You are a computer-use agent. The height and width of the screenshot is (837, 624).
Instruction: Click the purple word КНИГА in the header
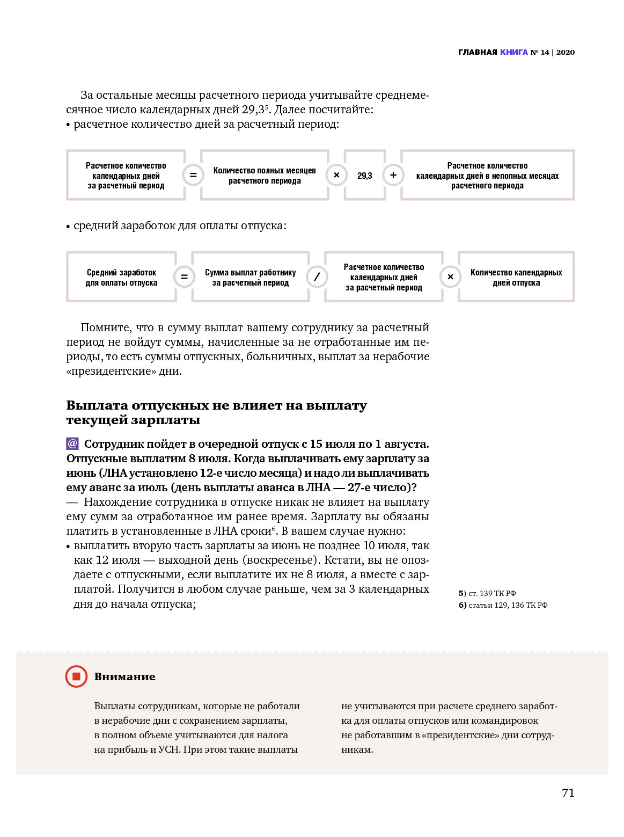(514, 52)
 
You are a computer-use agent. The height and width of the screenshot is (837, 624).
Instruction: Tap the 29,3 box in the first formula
(365, 176)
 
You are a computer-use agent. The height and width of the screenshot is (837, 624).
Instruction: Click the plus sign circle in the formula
(393, 175)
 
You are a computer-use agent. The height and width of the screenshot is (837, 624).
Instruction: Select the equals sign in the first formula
(193, 175)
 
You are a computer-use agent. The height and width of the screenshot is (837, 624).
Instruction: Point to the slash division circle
(317, 277)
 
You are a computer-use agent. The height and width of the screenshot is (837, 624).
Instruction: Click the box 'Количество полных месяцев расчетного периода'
(265, 176)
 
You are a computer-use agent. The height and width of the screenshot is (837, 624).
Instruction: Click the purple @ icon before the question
(72, 444)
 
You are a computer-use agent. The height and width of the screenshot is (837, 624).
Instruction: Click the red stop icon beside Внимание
(76, 676)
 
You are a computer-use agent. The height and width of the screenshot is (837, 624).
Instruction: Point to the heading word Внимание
(125, 677)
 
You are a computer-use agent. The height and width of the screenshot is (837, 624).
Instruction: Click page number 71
(568, 793)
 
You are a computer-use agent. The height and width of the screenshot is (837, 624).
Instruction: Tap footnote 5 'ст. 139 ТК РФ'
(487, 593)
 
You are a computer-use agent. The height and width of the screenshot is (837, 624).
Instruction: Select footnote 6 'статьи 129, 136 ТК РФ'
(503, 605)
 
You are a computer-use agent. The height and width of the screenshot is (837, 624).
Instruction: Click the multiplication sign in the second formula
(451, 277)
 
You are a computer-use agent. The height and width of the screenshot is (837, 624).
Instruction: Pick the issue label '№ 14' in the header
(540, 52)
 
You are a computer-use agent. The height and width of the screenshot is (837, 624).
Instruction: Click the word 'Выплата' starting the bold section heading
(97, 405)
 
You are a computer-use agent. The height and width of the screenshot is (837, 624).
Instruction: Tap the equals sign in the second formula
(184, 277)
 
